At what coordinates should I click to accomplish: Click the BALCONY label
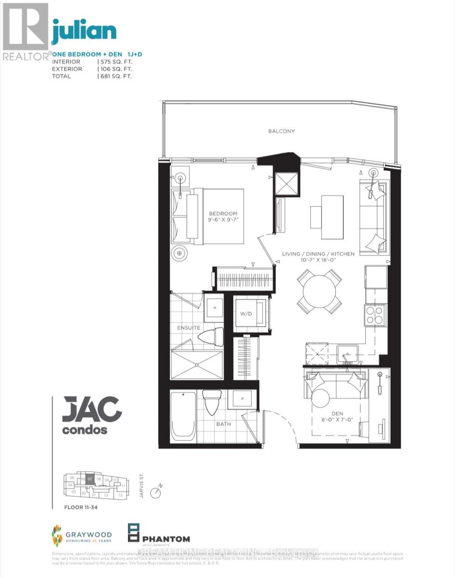coord(281,131)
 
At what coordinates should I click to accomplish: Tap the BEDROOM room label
coord(223,213)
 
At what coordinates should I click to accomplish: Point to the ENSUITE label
coord(188,328)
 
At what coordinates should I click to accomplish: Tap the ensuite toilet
coord(212,337)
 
